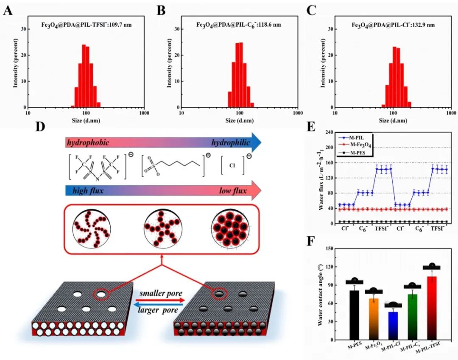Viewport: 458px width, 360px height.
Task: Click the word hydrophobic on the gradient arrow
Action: coord(87,143)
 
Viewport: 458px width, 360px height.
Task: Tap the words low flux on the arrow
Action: coord(232,191)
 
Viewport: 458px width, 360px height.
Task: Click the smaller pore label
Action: coord(161,293)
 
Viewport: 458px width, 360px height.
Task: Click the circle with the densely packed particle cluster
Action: coord(229,229)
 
